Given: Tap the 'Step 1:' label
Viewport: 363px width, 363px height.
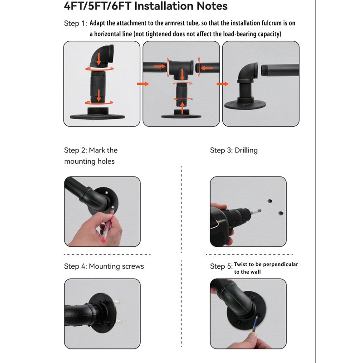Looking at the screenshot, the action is (x=75, y=24).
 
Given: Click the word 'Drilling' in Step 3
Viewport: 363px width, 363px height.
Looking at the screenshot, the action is (x=246, y=151).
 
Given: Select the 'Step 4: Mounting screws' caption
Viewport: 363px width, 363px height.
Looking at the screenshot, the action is (x=104, y=266).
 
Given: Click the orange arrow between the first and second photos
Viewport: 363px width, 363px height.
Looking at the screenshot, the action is (x=143, y=84).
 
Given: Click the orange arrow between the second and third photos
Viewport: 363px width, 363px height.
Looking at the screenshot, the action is (x=222, y=84).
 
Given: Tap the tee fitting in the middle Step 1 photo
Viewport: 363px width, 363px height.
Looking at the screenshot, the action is (x=181, y=70).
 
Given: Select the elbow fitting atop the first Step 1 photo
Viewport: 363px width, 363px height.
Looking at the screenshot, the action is (x=102, y=56).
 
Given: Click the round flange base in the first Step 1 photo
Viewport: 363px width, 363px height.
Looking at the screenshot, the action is (x=97, y=114).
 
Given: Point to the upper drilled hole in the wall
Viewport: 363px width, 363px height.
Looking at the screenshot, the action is (x=270, y=201).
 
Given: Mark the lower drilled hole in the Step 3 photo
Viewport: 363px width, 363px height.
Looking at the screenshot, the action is (x=280, y=213).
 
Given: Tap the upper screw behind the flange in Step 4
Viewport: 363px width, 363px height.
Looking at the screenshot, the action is (x=117, y=302).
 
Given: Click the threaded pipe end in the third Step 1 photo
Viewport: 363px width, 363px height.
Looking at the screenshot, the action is (x=264, y=70).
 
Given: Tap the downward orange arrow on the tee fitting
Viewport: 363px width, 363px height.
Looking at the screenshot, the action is (x=182, y=74).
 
